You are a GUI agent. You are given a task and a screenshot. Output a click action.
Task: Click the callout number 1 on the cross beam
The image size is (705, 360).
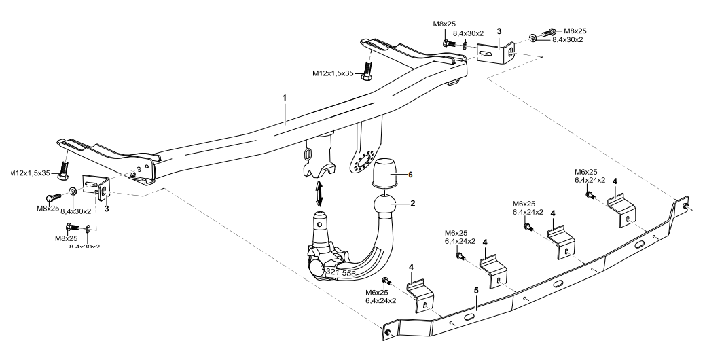tap(285, 98)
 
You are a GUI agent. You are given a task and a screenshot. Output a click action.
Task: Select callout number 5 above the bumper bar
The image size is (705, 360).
tap(477, 289)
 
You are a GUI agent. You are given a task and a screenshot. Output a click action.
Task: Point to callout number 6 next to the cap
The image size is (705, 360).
tap(410, 174)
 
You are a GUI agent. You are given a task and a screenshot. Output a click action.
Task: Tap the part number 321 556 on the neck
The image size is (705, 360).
tap(340, 272)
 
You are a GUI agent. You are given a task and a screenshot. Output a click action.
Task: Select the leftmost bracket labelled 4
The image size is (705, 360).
tap(421, 295)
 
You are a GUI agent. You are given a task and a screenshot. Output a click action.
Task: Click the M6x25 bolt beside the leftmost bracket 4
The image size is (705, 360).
tap(388, 281)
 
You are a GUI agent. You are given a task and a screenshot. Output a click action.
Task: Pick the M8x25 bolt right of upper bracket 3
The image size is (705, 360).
tap(551, 32)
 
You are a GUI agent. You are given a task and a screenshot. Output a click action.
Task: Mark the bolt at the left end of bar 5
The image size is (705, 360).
tap(387, 332)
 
